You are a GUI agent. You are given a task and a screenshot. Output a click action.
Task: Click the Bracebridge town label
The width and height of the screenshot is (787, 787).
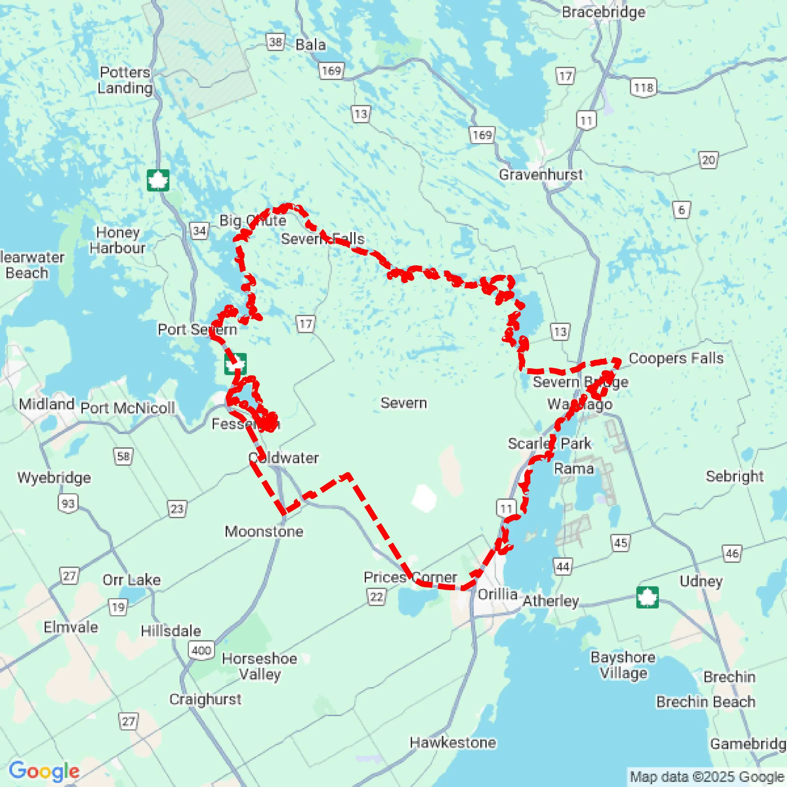pos(603,12)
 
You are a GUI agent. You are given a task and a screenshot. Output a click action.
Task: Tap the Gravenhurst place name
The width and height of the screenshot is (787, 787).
pos(541,175)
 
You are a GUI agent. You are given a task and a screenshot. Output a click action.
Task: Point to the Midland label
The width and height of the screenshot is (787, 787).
pos(46,404)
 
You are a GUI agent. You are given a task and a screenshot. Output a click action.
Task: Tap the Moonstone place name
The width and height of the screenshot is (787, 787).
pos(264,531)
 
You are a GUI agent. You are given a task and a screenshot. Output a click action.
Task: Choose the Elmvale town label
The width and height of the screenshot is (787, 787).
pos(71,627)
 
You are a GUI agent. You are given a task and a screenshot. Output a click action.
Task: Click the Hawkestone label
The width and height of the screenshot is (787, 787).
pos(453,743)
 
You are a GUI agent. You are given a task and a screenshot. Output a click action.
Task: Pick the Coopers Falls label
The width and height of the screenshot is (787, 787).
pos(676,358)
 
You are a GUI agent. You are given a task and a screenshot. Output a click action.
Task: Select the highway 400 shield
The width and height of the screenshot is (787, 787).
pos(201,650)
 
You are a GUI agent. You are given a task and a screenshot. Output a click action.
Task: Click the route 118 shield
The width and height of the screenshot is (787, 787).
pos(644,88)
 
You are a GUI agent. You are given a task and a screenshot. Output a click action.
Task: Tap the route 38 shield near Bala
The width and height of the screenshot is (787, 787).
pos(275,42)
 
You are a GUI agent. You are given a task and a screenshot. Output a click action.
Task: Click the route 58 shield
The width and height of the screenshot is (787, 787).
pos(123,456)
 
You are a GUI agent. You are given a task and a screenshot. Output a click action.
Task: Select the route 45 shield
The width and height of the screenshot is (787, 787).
pos(620,543)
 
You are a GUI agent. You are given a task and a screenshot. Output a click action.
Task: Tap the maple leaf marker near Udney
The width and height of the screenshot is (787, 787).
pos(647,597)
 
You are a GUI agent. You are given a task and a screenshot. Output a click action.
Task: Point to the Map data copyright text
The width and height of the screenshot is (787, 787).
pos(707,777)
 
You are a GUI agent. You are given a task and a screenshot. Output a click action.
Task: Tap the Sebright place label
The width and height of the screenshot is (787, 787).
pos(735,476)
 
